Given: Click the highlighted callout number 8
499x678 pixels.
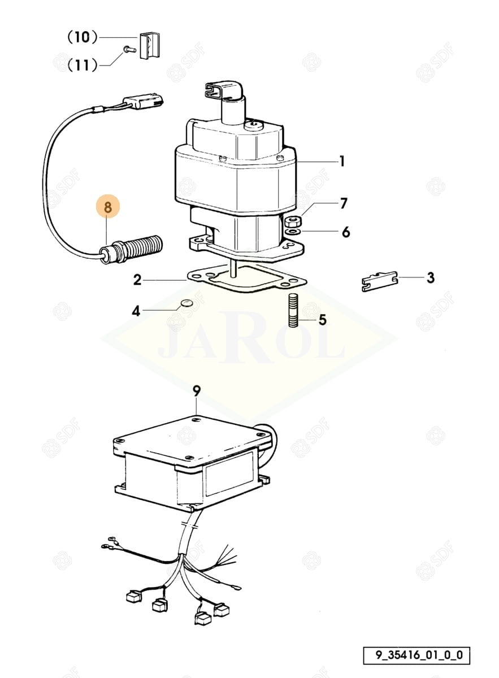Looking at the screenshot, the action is [108, 208].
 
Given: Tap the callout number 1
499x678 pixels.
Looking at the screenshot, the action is [342, 162].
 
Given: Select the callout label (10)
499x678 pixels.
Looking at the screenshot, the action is [83, 37].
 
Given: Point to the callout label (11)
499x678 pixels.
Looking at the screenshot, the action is [82, 65].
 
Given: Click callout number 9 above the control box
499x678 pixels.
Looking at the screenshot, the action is [197, 390].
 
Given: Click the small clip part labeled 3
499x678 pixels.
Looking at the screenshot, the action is [379, 281].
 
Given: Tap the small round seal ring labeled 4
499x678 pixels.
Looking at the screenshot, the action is [186, 303].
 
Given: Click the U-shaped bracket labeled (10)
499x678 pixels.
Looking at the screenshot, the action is [150, 45].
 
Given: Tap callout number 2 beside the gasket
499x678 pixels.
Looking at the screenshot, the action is [137, 280].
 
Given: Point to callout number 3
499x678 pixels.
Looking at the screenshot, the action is [430, 277].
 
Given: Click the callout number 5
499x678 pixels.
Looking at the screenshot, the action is [323, 320].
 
